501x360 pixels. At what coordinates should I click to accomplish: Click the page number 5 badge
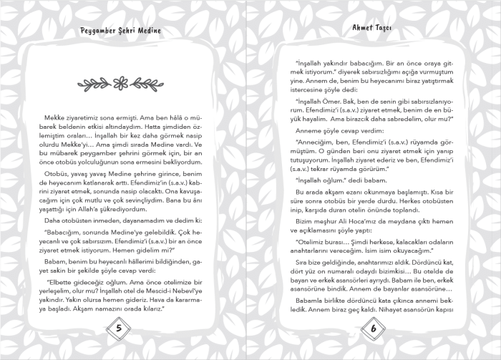tap(119, 329)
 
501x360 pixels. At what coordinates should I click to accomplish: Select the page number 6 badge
tap(373, 329)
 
